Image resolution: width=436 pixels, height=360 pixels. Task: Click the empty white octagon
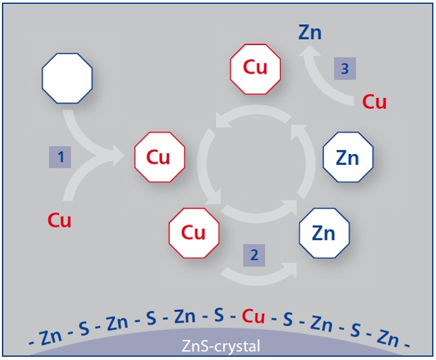(67, 78)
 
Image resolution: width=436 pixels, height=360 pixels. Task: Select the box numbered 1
(60, 157)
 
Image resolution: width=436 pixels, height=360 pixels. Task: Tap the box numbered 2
(254, 255)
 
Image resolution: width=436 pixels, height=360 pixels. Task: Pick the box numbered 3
(345, 68)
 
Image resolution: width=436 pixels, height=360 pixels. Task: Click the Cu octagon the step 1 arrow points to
(160, 157)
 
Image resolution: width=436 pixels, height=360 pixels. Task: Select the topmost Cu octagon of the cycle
(255, 69)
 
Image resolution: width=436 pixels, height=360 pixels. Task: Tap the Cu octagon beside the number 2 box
(194, 233)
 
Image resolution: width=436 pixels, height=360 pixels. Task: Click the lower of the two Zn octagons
(324, 233)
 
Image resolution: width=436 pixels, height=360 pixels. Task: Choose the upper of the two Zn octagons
(348, 157)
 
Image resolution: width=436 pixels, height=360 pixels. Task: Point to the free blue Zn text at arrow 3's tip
(310, 32)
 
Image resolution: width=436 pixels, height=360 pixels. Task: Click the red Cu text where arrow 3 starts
(374, 102)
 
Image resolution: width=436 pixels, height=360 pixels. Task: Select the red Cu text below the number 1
(59, 220)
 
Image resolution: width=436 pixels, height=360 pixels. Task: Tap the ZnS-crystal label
(221, 346)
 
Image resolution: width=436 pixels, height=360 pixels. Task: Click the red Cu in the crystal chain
(253, 316)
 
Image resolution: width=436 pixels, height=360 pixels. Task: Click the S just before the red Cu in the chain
(219, 315)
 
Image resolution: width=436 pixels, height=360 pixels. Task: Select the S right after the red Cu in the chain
(288, 318)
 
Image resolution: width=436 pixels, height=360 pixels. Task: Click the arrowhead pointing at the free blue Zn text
(308, 52)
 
